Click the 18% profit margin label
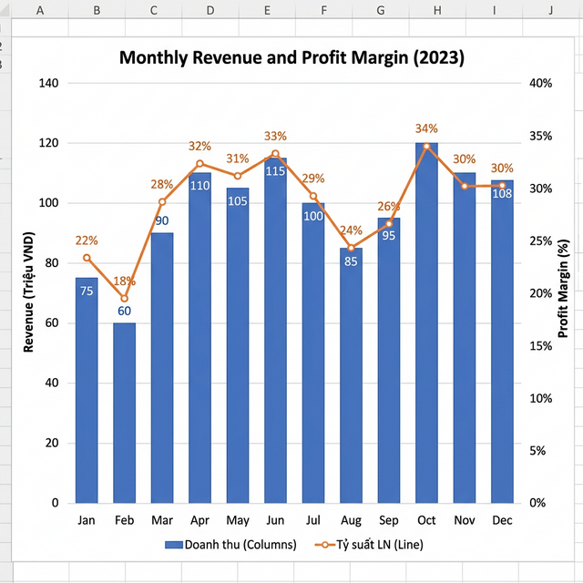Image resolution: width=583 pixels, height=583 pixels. point(124,281)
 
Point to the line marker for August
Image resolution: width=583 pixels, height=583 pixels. point(351,248)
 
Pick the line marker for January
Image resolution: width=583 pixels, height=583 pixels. point(87,258)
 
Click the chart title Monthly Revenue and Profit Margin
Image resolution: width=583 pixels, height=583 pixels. point(291,58)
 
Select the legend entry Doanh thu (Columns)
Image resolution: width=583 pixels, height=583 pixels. point(230,545)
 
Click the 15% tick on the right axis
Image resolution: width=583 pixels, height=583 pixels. point(541,346)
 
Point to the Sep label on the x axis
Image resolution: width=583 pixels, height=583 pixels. point(389,521)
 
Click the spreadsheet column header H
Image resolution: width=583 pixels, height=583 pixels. point(437,10)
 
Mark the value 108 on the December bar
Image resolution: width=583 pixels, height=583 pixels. point(502,193)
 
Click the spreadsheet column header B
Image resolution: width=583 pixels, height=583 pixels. point(97,10)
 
